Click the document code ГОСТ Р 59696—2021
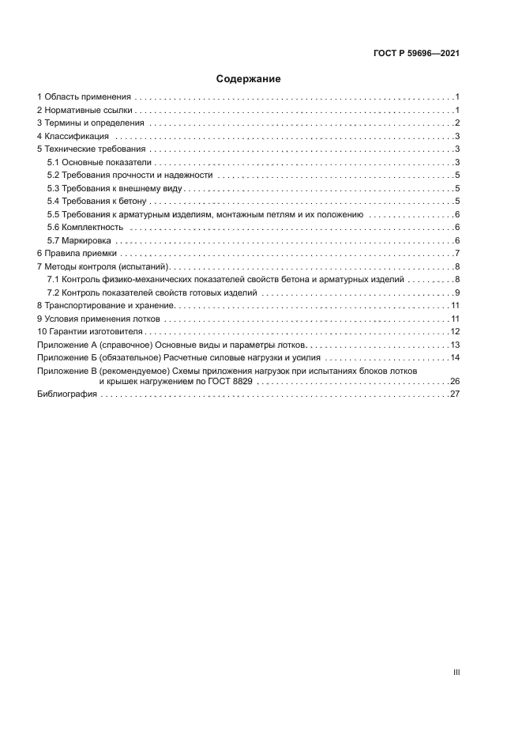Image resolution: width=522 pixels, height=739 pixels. click(416, 54)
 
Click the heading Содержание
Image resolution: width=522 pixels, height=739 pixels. click(248, 79)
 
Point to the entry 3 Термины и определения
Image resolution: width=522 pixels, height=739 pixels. click(91, 123)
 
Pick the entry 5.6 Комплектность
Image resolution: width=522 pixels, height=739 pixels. click(85, 228)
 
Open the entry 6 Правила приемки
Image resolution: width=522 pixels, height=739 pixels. click(77, 253)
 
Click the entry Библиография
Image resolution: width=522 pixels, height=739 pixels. click(66, 394)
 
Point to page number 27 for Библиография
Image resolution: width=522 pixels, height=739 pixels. click(455, 394)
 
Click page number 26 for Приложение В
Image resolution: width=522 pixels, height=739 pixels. click(455, 381)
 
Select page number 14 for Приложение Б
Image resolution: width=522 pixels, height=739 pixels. click(455, 357)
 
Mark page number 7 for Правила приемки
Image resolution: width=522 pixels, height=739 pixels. click(457, 253)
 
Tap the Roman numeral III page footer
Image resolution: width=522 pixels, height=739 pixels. click(456, 672)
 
